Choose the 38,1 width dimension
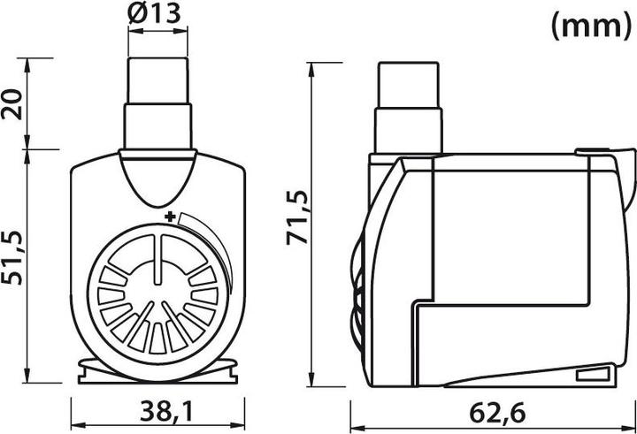click(158, 412)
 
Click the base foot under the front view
click(158, 371)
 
